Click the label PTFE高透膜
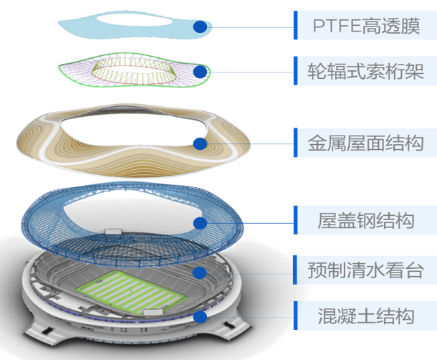tap(365, 26)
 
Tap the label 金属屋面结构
tap(365, 143)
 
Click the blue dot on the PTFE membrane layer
tap(200, 27)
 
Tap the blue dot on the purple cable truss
tap(201, 72)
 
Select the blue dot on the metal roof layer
tap(200, 143)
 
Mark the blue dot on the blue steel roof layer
tap(201, 222)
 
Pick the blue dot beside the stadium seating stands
tap(201, 272)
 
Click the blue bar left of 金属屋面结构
tap(294, 143)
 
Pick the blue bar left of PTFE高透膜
tap(294, 26)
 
